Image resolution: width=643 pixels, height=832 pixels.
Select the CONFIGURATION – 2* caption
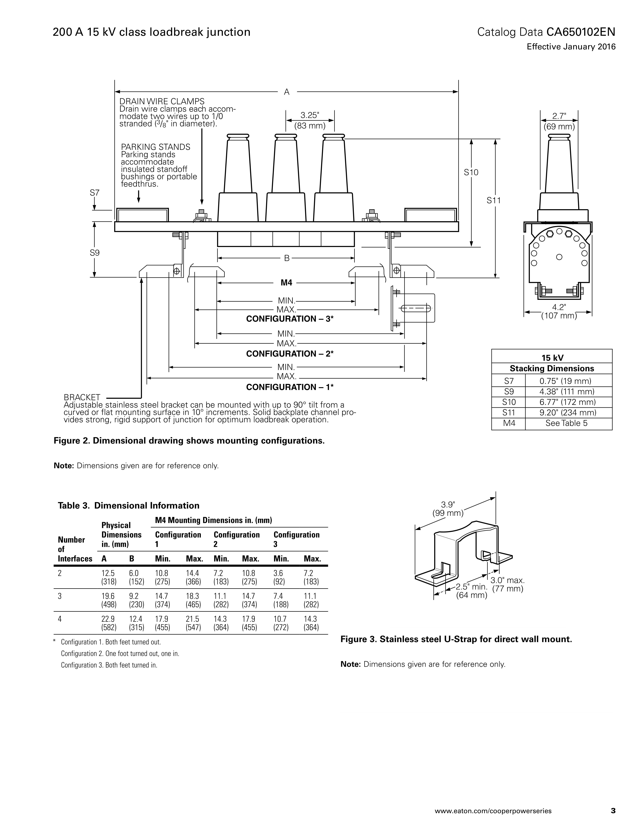(290, 353)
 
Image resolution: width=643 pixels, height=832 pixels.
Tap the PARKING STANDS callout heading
(155, 147)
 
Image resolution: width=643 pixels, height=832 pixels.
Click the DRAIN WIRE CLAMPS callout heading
(162, 101)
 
